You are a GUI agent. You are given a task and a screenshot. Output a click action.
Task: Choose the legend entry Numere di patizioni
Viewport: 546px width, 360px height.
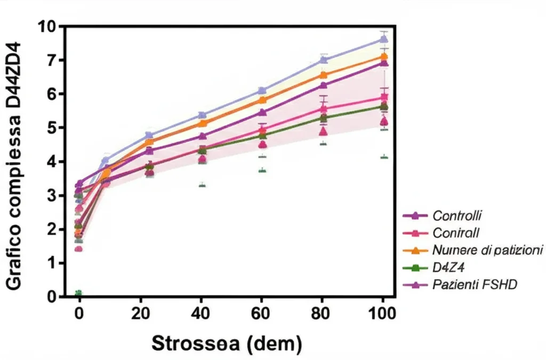(x=487, y=250)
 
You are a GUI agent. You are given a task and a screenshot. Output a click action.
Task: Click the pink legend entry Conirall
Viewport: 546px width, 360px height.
(x=456, y=233)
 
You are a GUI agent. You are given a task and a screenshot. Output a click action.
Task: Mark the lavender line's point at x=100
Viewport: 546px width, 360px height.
(x=383, y=39)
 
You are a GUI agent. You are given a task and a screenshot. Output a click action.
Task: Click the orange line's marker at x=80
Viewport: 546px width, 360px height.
(x=323, y=75)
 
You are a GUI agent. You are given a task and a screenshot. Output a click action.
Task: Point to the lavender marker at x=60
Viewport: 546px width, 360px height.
(x=262, y=91)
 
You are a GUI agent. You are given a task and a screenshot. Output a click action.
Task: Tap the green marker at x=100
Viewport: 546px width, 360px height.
(x=383, y=107)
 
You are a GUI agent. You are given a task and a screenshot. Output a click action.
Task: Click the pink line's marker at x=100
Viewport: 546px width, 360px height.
(x=383, y=98)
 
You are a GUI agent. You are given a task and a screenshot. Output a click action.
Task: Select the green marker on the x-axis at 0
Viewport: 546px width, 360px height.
(x=78, y=294)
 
